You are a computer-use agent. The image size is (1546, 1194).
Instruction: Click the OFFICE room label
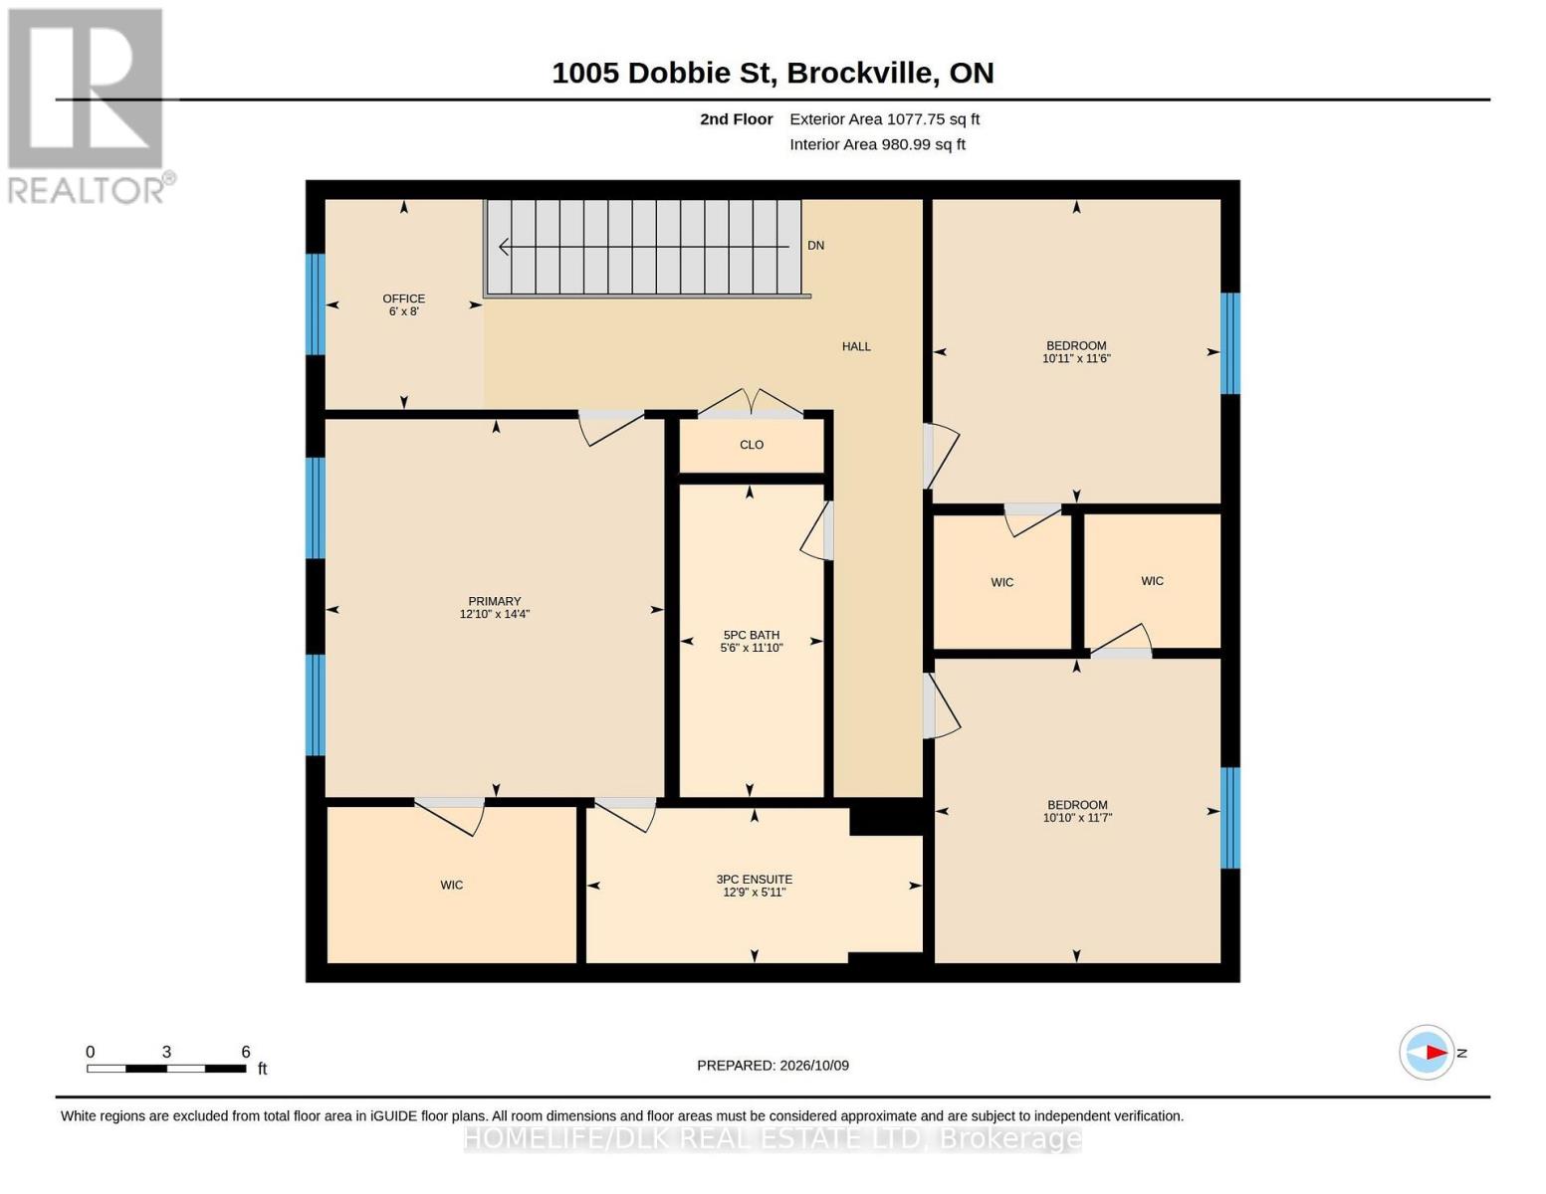pos(403,298)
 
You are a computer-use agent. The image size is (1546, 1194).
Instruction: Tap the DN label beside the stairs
pos(815,246)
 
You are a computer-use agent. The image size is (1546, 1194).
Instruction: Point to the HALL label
pos(856,346)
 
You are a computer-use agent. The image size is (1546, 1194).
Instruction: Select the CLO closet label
pos(752,445)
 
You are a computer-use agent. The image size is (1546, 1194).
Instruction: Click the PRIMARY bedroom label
pos(495,601)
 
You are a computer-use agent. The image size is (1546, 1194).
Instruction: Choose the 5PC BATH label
pos(752,635)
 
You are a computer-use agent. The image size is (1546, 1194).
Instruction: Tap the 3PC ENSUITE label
pos(755,879)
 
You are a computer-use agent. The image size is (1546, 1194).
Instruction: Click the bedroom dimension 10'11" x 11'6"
pos(1076,358)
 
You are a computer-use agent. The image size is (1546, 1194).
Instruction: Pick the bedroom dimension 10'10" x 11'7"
pos(1076,818)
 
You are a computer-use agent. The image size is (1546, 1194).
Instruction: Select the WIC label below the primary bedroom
pos(451,885)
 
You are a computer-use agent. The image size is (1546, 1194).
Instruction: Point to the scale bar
pos(166,1068)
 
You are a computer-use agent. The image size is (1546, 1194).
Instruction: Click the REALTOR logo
pos(89,106)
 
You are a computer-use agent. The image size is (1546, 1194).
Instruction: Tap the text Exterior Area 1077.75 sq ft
pos(884,119)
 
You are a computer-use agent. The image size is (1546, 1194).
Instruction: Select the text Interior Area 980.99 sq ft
pos(877,144)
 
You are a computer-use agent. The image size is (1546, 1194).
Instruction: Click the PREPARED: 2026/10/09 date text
pos(773,1065)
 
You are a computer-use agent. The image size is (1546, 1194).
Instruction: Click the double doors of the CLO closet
pos(751,403)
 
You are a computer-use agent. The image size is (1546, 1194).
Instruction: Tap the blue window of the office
pos(316,303)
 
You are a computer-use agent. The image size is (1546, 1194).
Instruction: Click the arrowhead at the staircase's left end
pos(504,247)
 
